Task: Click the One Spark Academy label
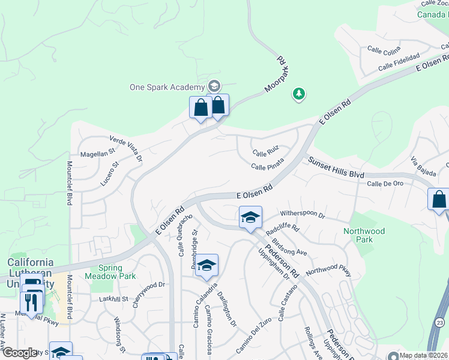[167, 87]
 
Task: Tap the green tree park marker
[298, 94]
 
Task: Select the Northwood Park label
[364, 235]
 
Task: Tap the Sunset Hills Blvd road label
[336, 167]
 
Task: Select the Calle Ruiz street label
[266, 153]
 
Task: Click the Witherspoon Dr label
[302, 215]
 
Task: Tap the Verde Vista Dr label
[125, 148]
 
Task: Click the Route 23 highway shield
[440, 322]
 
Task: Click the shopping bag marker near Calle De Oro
[439, 199]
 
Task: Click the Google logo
[19, 353]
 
